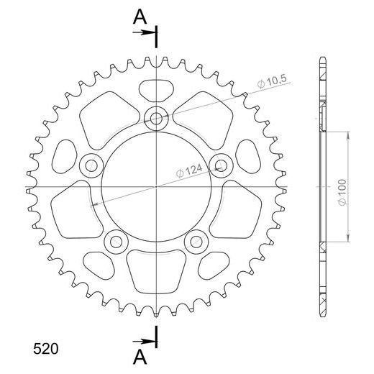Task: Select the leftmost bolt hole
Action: (x=91, y=166)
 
